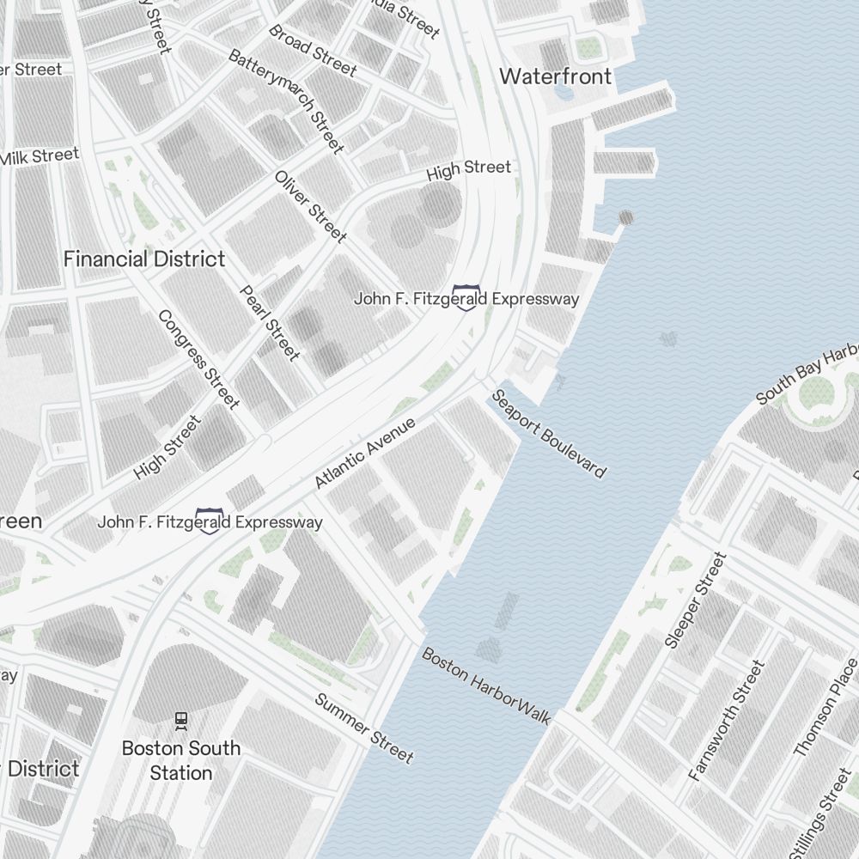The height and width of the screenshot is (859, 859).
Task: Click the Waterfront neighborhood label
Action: [555, 76]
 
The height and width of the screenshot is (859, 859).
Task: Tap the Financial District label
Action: [144, 259]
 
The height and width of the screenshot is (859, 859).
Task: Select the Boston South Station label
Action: [180, 760]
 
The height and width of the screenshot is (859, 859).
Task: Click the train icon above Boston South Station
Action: [180, 719]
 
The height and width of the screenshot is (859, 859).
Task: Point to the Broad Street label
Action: [312, 49]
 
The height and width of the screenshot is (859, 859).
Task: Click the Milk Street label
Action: [39, 156]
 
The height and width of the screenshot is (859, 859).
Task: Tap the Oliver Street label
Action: [310, 206]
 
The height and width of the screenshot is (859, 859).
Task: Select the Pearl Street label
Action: [270, 322]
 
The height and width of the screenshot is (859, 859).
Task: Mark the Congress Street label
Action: [198, 358]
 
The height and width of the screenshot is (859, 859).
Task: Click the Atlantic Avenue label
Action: [365, 453]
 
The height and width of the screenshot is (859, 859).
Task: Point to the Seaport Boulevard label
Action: [548, 434]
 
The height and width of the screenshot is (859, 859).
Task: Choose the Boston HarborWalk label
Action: [485, 685]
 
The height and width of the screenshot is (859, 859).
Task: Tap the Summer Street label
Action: [364, 728]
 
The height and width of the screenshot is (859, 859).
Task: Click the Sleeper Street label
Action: [696, 600]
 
